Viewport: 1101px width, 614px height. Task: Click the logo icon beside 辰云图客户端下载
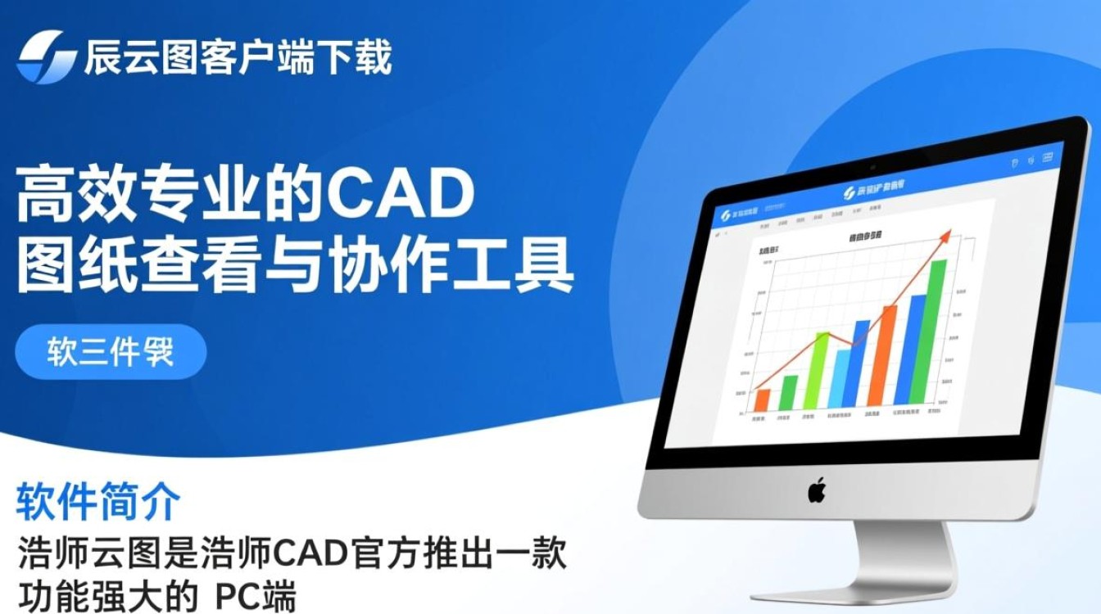47,56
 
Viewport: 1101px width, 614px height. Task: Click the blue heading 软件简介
97,502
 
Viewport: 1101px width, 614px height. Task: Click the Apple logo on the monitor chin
817,490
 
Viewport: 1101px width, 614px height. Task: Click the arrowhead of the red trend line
945,237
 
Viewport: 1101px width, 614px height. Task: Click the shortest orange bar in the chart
762,400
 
